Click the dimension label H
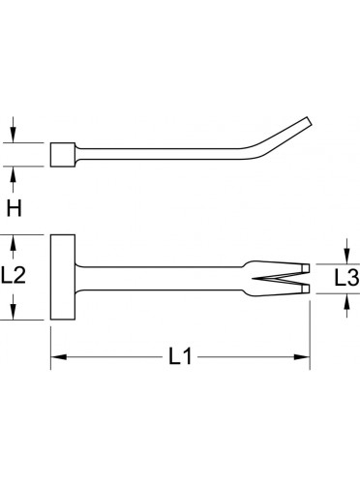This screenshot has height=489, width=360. [15, 208]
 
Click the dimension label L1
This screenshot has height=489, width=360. [181, 357]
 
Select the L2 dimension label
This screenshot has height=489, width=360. [14, 275]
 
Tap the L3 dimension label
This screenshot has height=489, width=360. [346, 278]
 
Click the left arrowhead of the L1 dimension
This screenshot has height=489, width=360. [59, 357]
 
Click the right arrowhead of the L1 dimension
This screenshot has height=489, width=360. [302, 357]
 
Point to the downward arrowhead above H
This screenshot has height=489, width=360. [13, 135]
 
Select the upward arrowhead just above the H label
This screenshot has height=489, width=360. [13, 174]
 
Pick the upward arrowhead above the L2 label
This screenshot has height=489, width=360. [13, 243]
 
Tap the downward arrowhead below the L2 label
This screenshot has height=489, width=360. [13, 312]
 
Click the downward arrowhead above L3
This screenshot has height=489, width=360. [346, 256]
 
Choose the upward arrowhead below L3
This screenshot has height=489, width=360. [346, 302]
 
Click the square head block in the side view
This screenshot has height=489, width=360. [63, 155]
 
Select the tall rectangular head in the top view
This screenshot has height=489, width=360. [63, 277]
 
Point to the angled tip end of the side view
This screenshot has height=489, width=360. [309, 122]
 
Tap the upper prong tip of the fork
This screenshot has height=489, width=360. [306, 267]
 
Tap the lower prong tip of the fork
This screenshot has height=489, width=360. [306, 289]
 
